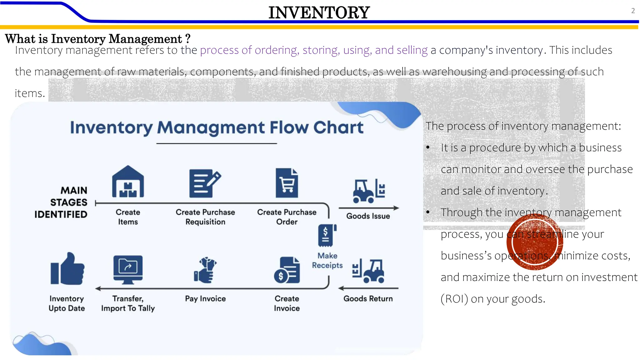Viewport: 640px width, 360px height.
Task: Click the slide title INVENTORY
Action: click(x=319, y=13)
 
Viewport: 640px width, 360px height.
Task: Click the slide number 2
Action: click(x=633, y=11)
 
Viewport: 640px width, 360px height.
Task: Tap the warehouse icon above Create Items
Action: click(x=128, y=182)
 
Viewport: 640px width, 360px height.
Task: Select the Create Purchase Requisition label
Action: click(x=205, y=217)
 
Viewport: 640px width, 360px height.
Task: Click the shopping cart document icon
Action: click(x=287, y=183)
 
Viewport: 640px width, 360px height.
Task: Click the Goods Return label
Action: click(x=368, y=299)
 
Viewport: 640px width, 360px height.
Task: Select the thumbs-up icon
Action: click(x=67, y=269)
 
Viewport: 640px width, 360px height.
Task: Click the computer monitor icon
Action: click(x=128, y=269)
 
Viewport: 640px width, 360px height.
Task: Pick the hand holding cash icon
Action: click(x=205, y=270)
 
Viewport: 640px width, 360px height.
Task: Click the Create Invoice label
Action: click(x=287, y=303)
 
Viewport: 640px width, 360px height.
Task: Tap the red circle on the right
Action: click(x=535, y=242)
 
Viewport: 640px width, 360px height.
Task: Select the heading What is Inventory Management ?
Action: click(x=98, y=39)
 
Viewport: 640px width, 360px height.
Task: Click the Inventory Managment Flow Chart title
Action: click(x=217, y=127)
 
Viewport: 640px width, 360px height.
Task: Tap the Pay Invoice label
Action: click(x=205, y=299)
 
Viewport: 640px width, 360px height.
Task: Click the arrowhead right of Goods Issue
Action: click(x=396, y=208)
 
